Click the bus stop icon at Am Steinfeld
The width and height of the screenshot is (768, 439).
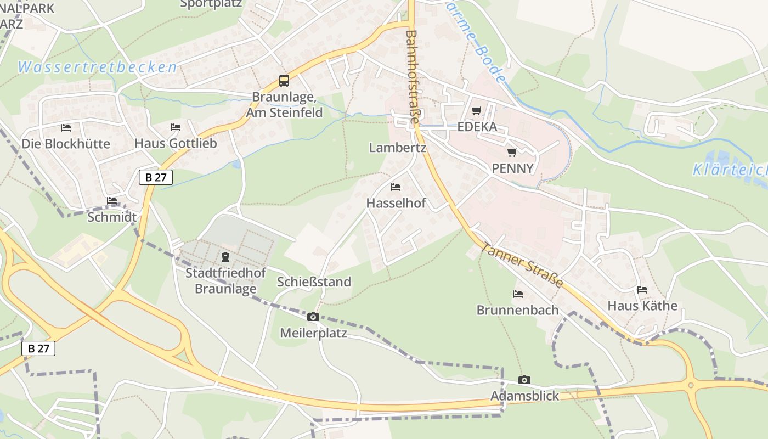(284, 81)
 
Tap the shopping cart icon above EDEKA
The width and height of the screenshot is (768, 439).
(476, 111)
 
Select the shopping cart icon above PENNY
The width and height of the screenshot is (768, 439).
(512, 152)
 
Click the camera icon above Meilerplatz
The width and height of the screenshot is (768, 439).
(313, 317)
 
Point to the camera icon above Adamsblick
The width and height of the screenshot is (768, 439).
(524, 380)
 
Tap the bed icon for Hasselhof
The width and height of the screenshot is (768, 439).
(395, 187)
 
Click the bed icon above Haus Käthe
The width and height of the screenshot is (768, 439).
(642, 289)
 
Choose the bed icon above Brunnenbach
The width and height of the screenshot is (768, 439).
(517, 294)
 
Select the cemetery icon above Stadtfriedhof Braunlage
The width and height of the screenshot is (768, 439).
(225, 256)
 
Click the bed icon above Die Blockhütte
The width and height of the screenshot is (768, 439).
(66, 127)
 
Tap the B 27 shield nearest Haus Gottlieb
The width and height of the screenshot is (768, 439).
(156, 177)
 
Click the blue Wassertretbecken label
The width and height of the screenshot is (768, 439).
(97, 67)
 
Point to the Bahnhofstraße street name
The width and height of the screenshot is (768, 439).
(411, 77)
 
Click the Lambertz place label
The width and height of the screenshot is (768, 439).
(397, 148)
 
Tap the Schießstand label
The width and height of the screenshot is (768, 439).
(314, 282)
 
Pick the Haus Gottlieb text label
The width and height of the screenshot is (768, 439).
(176, 144)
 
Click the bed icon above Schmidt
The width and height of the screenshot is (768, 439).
(112, 200)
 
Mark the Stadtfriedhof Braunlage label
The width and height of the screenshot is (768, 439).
(225, 281)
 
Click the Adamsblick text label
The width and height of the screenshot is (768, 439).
(524, 396)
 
